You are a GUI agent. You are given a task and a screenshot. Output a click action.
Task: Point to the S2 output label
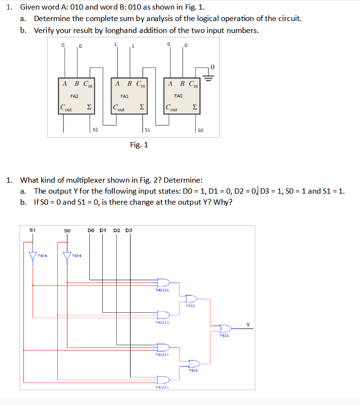(95, 129)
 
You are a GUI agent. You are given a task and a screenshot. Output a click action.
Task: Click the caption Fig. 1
(139, 144)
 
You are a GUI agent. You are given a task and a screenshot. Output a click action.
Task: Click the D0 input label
(91, 230)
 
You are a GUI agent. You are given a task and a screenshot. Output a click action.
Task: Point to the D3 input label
(128, 230)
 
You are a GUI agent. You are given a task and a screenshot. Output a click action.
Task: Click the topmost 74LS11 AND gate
(163, 282)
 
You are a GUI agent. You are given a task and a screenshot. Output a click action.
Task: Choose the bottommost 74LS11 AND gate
(163, 380)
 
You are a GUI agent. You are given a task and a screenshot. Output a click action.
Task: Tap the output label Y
(248, 325)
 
